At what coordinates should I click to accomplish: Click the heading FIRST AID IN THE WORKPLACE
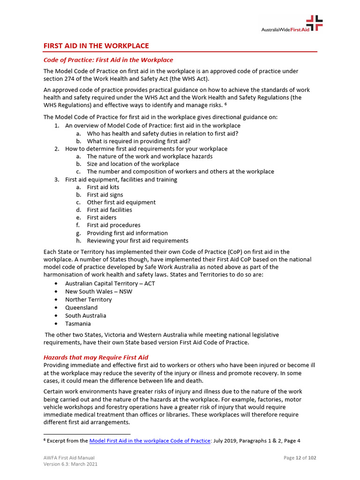pos(96,46)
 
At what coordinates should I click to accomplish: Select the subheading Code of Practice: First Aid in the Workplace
pos(108,60)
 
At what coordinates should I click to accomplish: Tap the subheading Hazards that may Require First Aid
pos(96,357)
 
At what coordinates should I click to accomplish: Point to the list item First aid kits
pos(103,187)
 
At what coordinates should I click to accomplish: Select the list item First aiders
pos(101,217)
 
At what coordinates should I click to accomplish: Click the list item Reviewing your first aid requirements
pos(137,240)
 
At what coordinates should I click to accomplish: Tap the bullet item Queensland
pos(81,307)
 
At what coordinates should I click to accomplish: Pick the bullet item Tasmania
pos(78,323)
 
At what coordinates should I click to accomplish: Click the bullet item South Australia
pos(85,315)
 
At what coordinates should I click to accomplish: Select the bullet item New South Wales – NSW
pos(98,292)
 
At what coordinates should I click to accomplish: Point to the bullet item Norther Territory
pos(88,300)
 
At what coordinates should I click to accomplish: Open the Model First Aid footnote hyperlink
pos(150,441)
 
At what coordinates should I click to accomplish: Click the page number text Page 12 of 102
pos(300,457)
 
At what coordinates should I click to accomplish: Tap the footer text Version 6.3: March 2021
pos(70,464)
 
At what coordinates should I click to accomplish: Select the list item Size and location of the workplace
pos(133,164)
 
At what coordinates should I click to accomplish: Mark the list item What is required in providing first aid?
pos(138,141)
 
